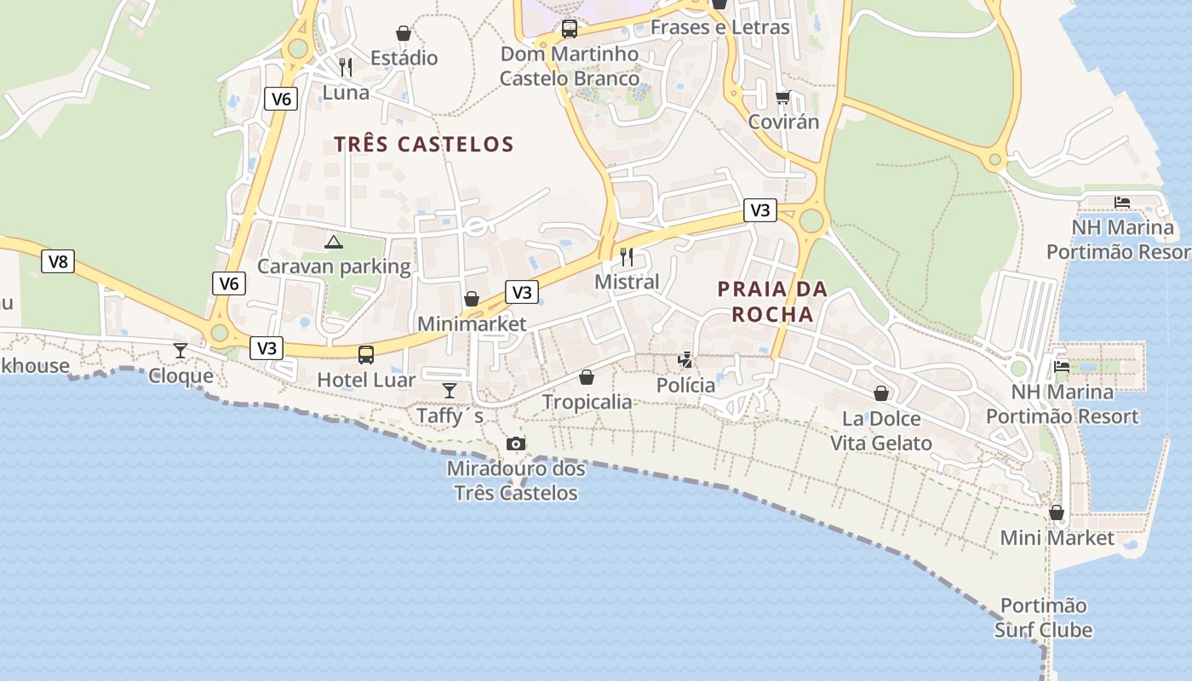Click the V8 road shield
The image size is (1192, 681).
58,261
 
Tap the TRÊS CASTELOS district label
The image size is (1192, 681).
424,144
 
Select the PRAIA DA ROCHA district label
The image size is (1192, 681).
772,301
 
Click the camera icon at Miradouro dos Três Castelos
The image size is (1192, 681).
515,444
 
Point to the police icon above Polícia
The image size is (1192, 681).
685,360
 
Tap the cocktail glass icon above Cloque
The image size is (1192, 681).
181,350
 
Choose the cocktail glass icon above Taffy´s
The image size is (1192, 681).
450,390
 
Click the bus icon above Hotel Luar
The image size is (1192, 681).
366,354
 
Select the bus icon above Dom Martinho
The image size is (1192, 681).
570,29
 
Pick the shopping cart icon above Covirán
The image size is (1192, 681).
783,96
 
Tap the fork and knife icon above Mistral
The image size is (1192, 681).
627,256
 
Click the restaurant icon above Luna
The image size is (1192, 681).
346,66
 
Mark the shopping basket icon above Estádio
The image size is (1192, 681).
404,33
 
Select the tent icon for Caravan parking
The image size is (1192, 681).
334,242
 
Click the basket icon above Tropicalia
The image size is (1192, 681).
587,376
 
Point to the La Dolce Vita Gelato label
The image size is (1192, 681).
881,431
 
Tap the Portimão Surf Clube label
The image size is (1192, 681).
1043,618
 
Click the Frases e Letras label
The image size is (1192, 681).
720,27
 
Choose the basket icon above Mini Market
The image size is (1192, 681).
1057,512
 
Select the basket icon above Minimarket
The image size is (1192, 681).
471,299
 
